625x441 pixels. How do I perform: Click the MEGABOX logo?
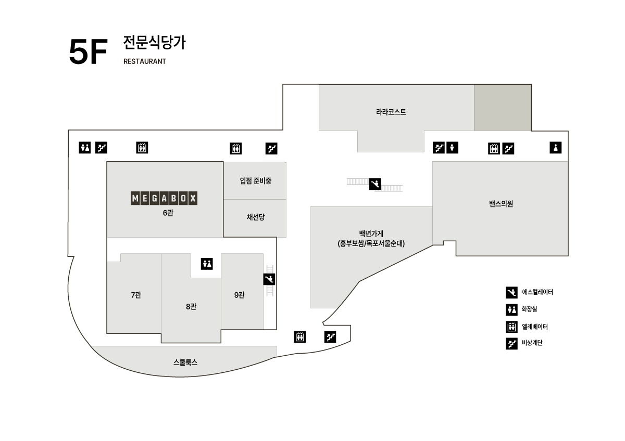pos(164,198)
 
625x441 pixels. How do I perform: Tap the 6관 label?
pos(168,213)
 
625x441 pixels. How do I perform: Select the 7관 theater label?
pos(136,295)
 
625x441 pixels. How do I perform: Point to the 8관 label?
pos(191,306)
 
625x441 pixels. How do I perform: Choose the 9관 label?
pos(240,295)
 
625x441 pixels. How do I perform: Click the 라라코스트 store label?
pos(391,112)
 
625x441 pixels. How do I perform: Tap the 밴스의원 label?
pos(501,204)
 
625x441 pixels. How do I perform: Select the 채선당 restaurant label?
pos(256,217)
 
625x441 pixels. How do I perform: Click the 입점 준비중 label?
pos(256,181)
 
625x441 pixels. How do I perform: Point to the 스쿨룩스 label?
pos(185,362)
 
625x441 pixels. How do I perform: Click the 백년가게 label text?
pos(371,234)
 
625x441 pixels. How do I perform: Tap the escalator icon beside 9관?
pos(269,279)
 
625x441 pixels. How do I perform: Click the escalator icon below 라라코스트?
pos(375,184)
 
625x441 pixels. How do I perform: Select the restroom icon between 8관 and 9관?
pos(207,264)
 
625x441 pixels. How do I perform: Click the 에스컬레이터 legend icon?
pos(511,292)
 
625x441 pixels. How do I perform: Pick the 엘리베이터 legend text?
pos(535,327)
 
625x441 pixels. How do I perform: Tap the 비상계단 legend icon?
pos(511,344)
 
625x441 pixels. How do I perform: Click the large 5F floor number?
pos(88,51)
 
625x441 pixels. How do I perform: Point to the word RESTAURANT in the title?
pos(145,61)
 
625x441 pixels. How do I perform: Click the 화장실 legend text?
pos(529,309)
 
